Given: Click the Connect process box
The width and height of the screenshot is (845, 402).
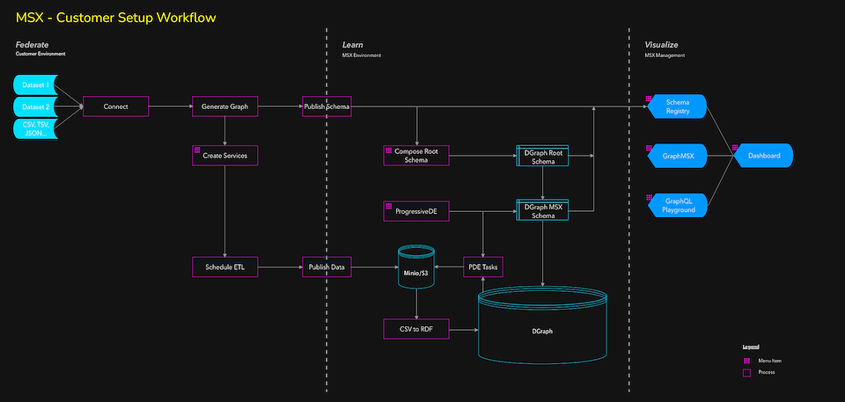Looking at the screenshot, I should point(115,107).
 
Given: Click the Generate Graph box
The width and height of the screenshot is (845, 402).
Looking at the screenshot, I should point(225,107).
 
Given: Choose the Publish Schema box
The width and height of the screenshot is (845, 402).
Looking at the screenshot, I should point(327,107).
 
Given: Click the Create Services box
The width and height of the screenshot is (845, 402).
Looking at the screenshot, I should point(225,156).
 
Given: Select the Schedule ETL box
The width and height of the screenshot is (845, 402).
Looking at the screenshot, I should point(225,267).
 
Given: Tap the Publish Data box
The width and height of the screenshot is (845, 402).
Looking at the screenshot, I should point(327,267).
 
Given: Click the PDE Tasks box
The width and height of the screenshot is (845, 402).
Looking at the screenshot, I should point(482,267).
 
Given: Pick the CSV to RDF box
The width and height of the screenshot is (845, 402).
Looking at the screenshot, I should point(415,329).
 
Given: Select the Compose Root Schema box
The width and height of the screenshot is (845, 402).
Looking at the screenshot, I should point(416,156).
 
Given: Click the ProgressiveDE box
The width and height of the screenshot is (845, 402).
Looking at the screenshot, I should point(416,211).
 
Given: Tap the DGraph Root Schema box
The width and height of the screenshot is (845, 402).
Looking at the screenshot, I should point(541,156).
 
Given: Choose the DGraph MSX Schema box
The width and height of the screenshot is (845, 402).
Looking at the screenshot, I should point(541,211).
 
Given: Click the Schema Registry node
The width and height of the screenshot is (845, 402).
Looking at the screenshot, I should point(678,107).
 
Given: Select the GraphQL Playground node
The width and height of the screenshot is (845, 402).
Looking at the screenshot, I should point(678,205).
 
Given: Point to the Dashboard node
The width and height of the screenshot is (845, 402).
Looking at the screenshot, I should point(764,156).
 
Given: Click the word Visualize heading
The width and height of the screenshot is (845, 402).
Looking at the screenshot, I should point(661,44).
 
